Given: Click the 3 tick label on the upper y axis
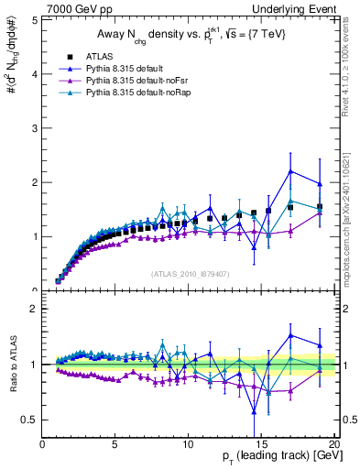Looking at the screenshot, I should point(34,128).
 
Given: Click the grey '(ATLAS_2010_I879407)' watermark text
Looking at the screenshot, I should point(189,273).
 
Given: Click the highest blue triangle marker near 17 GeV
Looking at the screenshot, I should point(290,171).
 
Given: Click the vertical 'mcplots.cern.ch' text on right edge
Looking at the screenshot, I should point(352,220).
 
